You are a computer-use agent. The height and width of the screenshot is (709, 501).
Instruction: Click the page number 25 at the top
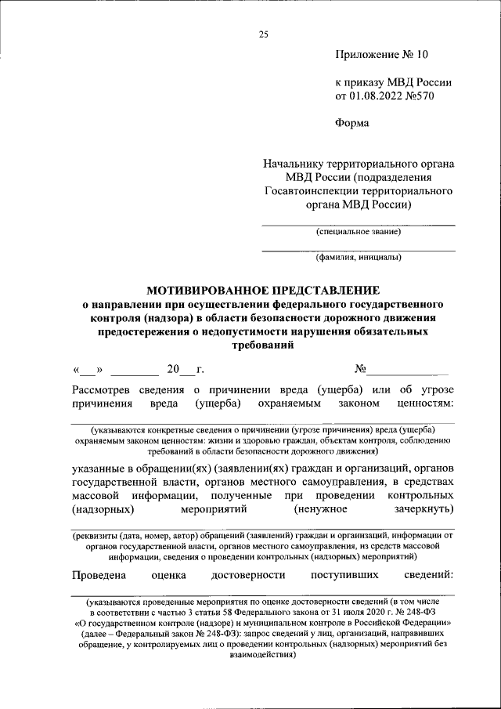pyautogui.click(x=263, y=34)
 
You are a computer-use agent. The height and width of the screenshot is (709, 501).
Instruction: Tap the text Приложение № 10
pyautogui.click(x=382, y=55)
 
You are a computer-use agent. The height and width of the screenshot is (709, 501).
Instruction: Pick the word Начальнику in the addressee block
pyautogui.click(x=295, y=164)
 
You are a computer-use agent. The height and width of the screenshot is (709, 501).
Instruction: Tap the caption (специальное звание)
pyautogui.click(x=358, y=232)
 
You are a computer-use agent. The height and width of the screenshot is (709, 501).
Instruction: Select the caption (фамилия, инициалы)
pyautogui.click(x=358, y=257)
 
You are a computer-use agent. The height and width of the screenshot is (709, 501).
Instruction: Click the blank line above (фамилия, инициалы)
pyautogui.click(x=358, y=249)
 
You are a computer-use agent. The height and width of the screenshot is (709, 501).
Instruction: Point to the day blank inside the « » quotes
pyautogui.click(x=88, y=369)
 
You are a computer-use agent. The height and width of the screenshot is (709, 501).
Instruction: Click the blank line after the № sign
pyautogui.click(x=408, y=369)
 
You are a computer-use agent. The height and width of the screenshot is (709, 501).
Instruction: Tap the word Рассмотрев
pyautogui.click(x=102, y=389)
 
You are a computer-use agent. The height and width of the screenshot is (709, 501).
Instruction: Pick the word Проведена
pyautogui.click(x=99, y=576)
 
